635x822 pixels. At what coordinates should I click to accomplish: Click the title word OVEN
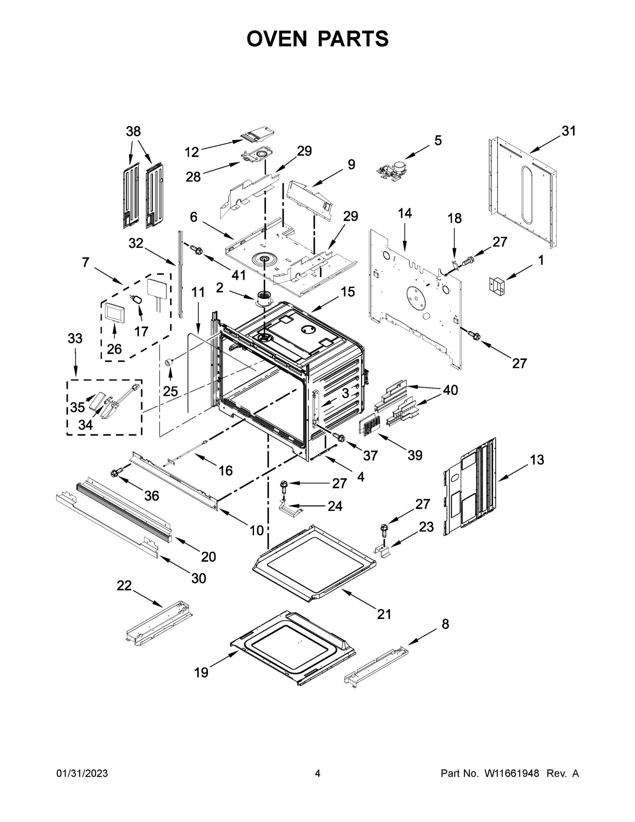[277, 39]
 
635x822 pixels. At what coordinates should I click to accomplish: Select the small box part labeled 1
[497, 284]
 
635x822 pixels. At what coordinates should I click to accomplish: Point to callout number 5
[437, 140]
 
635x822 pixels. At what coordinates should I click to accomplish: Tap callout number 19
[201, 672]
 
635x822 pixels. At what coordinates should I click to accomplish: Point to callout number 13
[537, 460]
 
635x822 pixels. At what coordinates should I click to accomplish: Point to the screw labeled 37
[339, 437]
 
